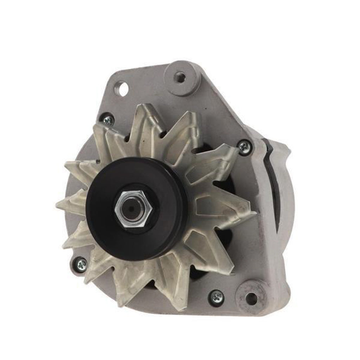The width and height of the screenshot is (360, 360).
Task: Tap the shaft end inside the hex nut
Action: [x=132, y=209]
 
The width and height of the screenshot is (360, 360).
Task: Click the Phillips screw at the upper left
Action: [x=108, y=120]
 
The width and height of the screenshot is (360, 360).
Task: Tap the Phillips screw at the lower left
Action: [x=81, y=264]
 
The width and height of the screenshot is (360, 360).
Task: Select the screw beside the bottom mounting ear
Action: [x=216, y=297]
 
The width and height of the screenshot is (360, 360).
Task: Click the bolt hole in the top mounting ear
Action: [x=180, y=77]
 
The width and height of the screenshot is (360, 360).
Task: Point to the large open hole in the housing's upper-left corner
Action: [x=122, y=89]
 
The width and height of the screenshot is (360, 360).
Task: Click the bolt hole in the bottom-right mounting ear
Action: [x=251, y=298]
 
